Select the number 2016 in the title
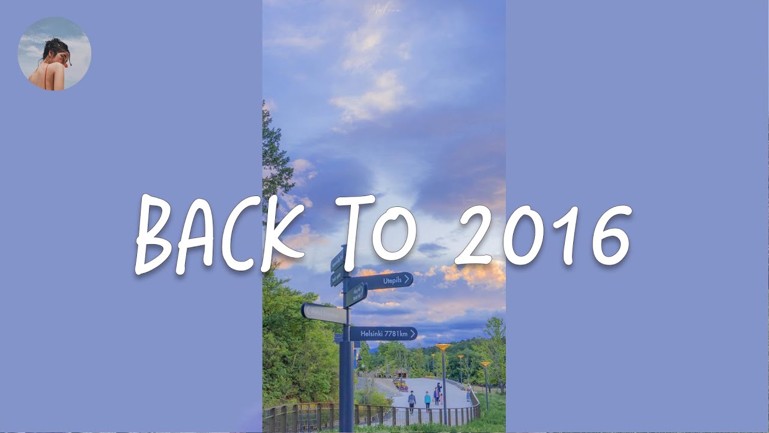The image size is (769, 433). pyautogui.click(x=544, y=235)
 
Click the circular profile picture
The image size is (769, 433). pyautogui.click(x=55, y=54)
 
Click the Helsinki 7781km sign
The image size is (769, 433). pyautogui.click(x=383, y=334)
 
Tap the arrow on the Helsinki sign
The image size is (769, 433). pyautogui.click(x=413, y=334)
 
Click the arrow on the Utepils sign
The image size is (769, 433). pyautogui.click(x=407, y=279)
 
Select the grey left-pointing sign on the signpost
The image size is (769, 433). pyautogui.click(x=323, y=313)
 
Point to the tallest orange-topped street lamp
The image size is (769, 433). pyautogui.click(x=443, y=348)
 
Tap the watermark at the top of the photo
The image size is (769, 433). pyautogui.click(x=384, y=10)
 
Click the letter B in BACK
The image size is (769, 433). pyautogui.click(x=157, y=235)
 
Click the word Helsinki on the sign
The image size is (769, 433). pyautogui.click(x=372, y=334)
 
